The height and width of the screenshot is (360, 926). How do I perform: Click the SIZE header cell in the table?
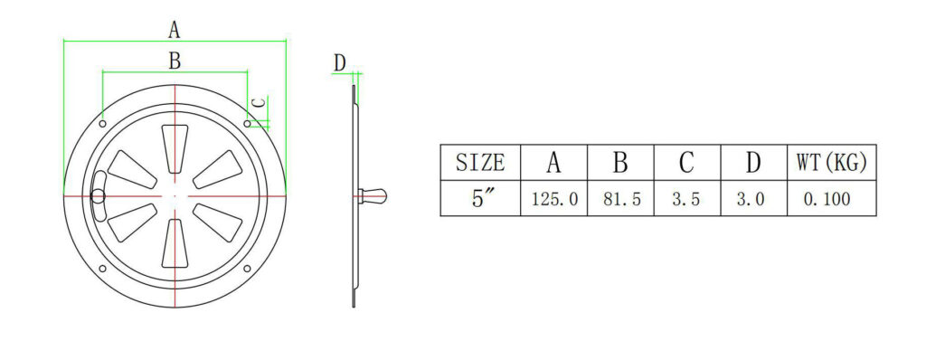[480, 162]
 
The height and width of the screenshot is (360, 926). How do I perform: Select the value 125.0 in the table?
[554, 199]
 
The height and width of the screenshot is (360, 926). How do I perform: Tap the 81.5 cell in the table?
[621, 199]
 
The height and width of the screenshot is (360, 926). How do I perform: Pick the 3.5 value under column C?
[686, 199]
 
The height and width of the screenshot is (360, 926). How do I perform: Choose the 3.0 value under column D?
[751, 199]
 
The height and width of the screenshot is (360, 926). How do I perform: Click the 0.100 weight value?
[827, 199]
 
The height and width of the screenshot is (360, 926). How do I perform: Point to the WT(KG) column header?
[832, 162]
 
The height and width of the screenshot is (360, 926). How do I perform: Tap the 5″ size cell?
[483, 199]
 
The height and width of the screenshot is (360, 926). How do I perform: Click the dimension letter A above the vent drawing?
[174, 29]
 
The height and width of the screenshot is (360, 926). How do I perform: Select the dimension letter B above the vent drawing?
[175, 61]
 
